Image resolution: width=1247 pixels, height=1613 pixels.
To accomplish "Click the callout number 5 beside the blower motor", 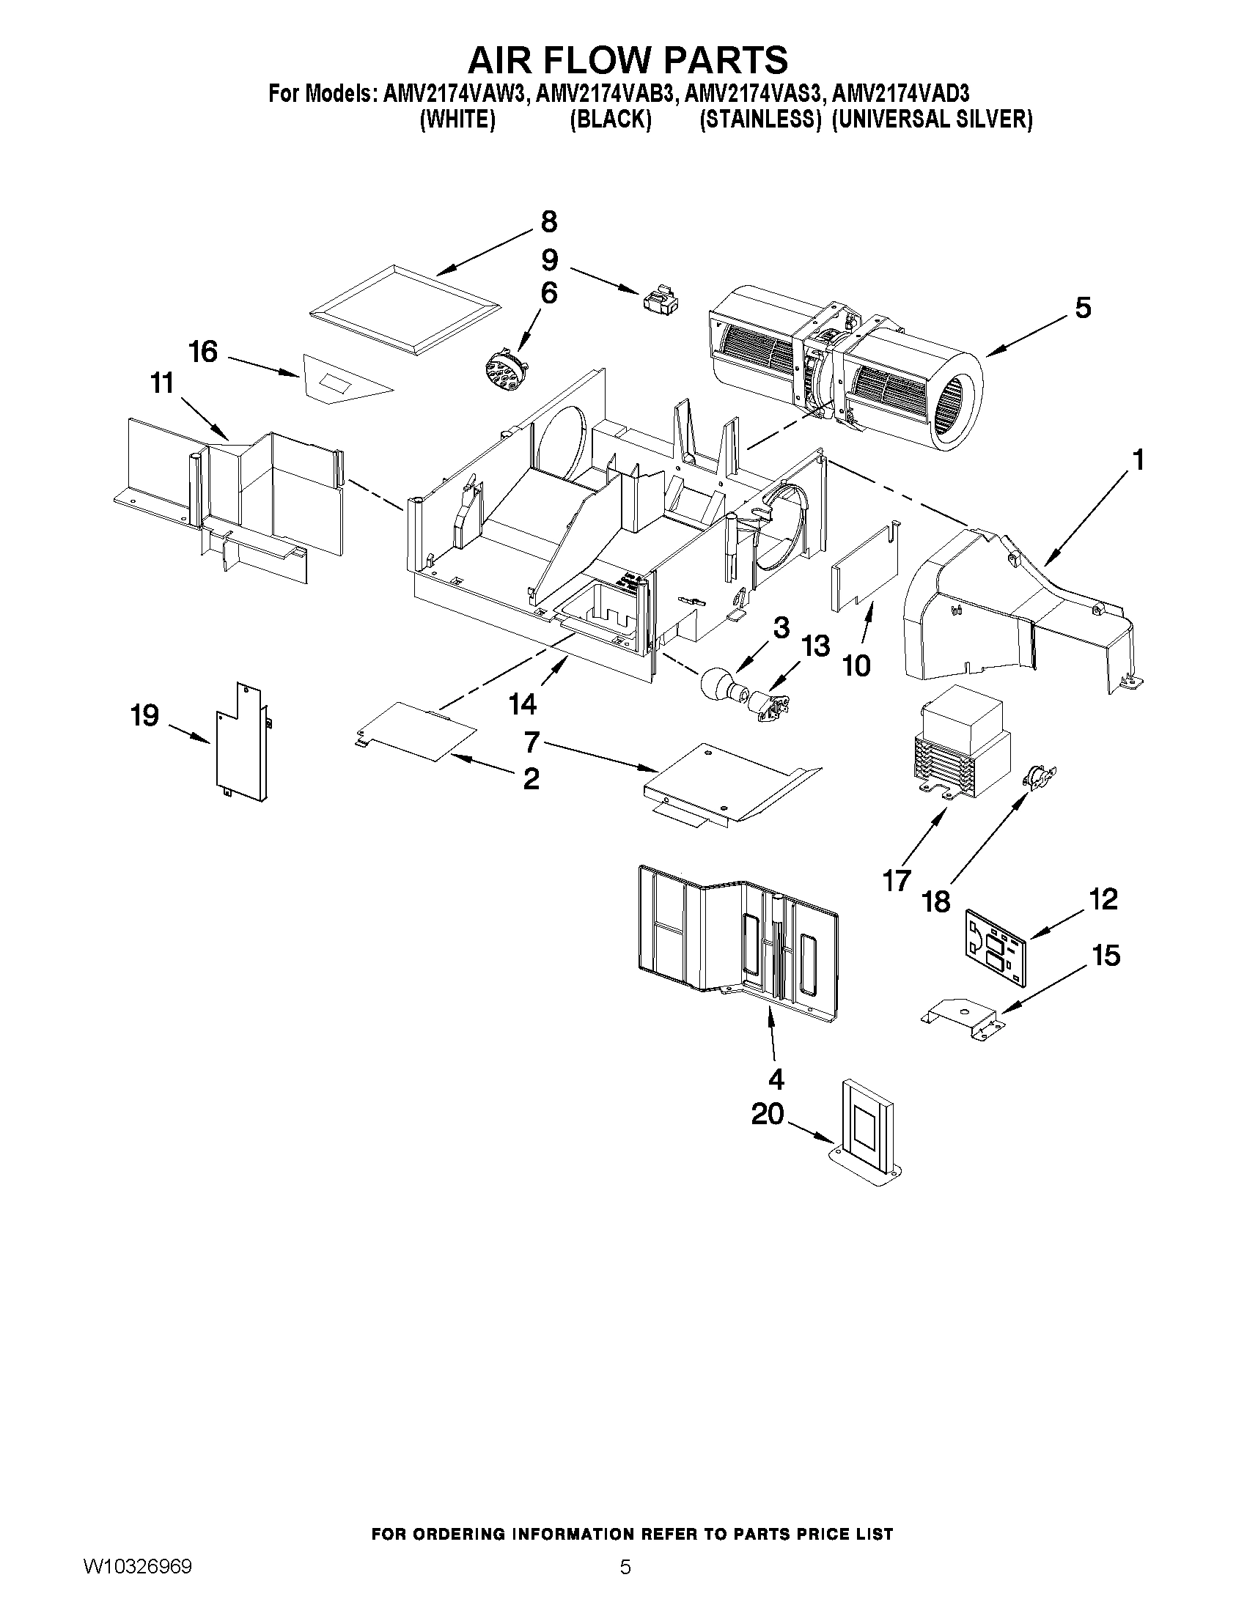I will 1082,308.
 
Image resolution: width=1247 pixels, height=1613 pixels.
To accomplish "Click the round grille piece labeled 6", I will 503,366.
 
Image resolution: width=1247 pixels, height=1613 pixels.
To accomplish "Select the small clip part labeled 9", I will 661,301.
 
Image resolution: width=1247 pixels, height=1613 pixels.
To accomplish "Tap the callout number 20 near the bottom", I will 767,1114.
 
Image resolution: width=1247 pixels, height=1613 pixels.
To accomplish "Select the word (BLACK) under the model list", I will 610,119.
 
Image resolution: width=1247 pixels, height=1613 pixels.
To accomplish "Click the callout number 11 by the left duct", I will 162,383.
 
